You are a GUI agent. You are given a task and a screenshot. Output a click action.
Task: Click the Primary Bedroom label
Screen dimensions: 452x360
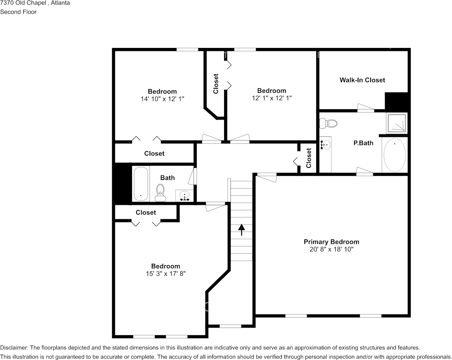point(331,242)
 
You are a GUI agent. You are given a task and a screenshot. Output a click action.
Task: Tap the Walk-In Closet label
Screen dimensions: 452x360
point(362,80)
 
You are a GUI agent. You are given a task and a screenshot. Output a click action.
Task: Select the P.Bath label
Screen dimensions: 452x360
point(363,143)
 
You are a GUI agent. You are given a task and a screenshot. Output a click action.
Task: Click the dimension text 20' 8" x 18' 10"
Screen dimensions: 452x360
point(331,249)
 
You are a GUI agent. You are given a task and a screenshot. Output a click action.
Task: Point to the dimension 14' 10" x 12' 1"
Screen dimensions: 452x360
point(162,99)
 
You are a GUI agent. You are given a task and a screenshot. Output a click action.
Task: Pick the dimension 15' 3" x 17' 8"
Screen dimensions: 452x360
point(166,274)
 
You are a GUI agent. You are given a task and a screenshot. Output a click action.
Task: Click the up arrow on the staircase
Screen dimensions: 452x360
point(242,230)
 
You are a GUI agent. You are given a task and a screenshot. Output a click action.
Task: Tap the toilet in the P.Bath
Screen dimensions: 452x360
point(328,123)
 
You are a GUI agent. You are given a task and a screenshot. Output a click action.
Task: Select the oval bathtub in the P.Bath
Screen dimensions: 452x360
point(395,155)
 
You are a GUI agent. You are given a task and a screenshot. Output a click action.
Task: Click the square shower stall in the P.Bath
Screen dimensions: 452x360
point(397,123)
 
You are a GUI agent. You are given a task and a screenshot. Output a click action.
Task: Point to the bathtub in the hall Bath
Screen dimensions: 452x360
point(141,184)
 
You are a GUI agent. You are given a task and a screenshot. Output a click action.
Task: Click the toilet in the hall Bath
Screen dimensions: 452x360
point(160,193)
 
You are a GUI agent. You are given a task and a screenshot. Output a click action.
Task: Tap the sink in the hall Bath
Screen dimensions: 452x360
point(185,196)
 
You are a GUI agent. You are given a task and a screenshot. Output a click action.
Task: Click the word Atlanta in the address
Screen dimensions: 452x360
point(60,3)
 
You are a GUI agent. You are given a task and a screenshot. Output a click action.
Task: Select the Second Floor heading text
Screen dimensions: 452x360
point(18,12)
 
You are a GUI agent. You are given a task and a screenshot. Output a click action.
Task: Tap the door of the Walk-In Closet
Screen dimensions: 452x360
point(366,108)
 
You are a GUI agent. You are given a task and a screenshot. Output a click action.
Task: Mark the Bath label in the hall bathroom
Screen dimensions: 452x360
point(167,178)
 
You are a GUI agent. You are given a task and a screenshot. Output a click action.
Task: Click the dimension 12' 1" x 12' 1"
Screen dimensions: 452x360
point(272,98)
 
